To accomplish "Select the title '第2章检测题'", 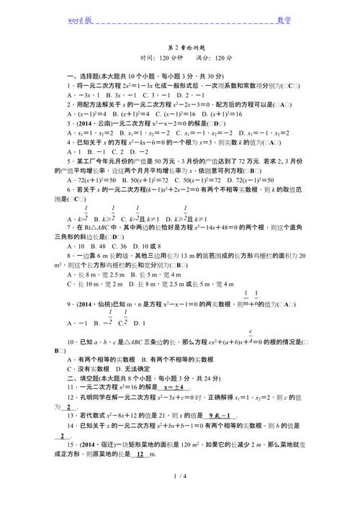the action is [x=181, y=45].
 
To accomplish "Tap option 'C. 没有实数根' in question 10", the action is [x=88, y=369].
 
